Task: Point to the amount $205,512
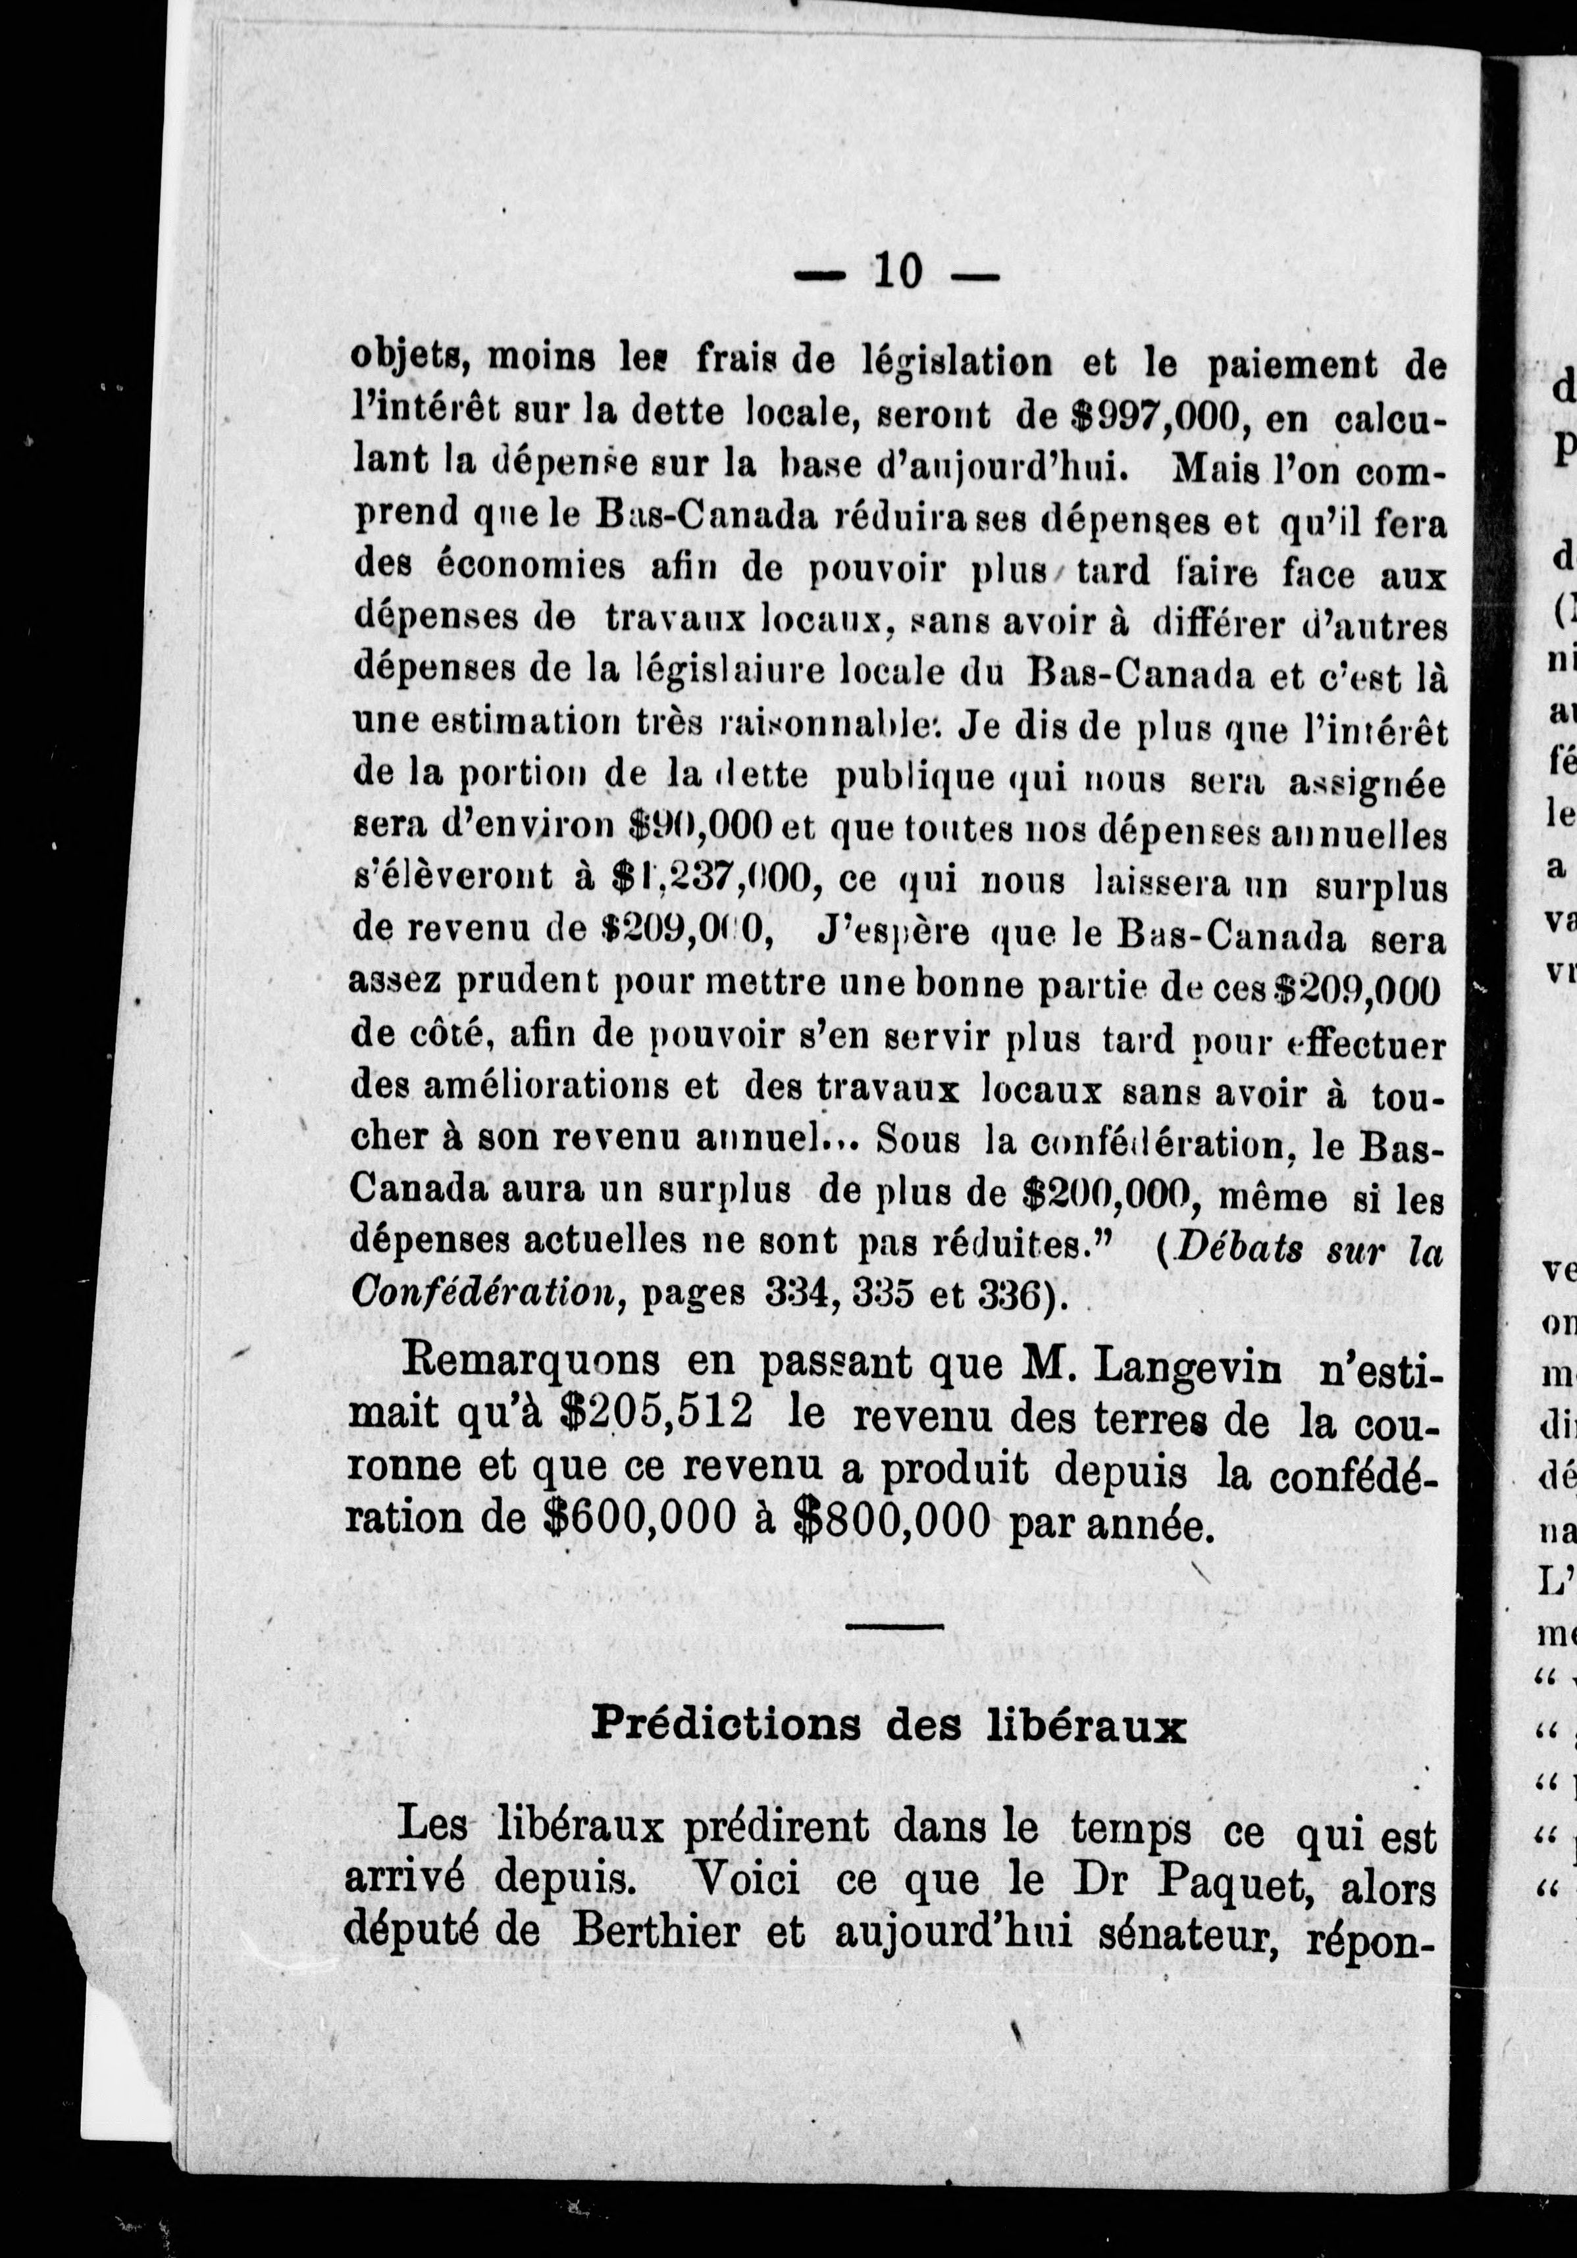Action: point(655,1413)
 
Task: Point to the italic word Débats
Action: point(1235,1249)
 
